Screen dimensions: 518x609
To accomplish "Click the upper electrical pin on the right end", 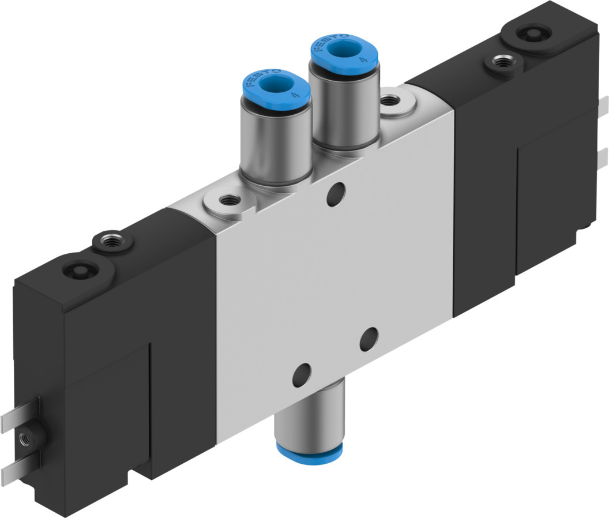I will (x=602, y=107).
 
